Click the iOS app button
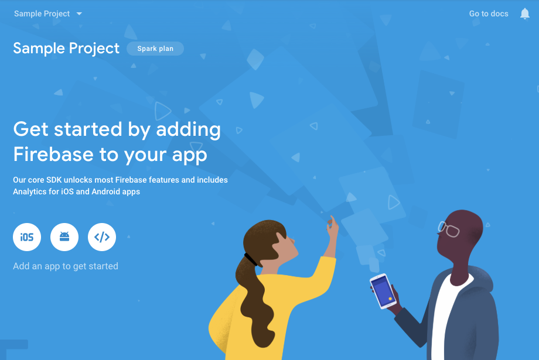click(x=27, y=237)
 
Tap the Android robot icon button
click(x=64, y=237)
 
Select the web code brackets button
click(x=102, y=237)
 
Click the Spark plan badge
click(x=155, y=49)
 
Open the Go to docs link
click(x=489, y=13)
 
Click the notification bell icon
click(x=525, y=13)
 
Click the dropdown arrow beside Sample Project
click(x=79, y=13)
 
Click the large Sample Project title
click(x=66, y=49)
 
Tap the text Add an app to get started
click(x=66, y=266)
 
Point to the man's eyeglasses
click(x=449, y=229)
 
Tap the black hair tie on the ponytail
click(x=251, y=258)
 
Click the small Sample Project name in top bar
click(x=42, y=13)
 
